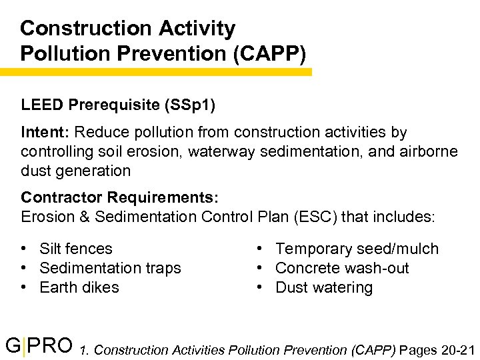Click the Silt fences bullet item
pos(76,249)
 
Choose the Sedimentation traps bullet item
pos(110,268)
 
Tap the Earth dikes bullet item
pos(79,287)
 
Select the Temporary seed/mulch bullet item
pos(357,249)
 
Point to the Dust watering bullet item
pos(324,287)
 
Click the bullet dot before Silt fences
pos(24,249)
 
